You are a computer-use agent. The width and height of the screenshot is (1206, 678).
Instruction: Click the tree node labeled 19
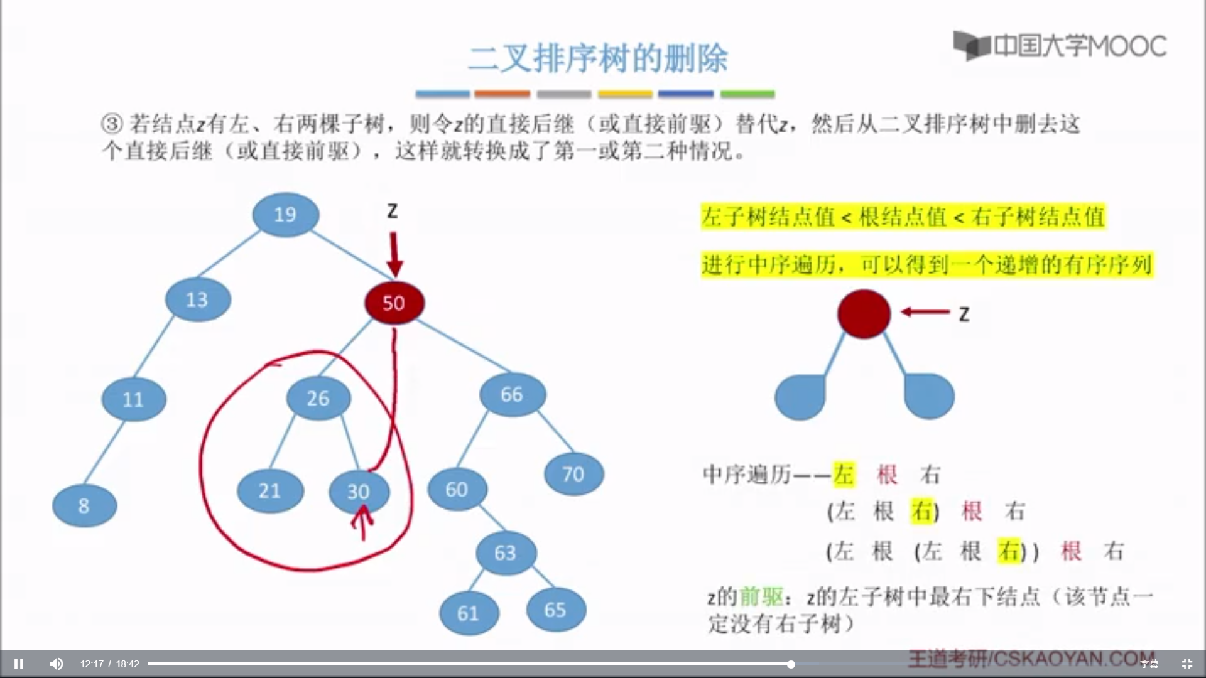pos(285,215)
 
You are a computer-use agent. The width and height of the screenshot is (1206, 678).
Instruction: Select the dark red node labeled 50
pos(394,303)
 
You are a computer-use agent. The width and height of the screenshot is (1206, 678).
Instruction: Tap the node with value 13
pos(197,299)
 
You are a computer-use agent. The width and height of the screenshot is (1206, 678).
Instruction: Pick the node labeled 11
pos(133,399)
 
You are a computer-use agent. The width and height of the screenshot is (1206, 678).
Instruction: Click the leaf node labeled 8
pos(84,505)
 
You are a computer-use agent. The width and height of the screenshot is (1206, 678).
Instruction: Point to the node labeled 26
pos(318,398)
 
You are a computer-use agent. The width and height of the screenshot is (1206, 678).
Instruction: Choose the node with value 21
pos(269,490)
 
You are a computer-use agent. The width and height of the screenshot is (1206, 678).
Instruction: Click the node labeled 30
pos(358,492)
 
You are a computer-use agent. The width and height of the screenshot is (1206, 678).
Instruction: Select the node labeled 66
pos(512,394)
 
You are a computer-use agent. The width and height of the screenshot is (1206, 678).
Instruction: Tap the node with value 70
pos(573,474)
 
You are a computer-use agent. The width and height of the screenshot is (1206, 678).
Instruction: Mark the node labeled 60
pos(457,489)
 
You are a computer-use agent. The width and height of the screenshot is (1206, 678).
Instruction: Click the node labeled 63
pos(505,552)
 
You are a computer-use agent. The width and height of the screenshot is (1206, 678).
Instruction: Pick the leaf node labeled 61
pos(469,613)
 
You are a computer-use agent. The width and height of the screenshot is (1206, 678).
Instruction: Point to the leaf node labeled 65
pos(555,610)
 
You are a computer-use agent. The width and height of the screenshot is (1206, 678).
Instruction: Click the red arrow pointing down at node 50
pos(394,254)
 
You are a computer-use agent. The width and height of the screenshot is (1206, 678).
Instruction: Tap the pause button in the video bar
pos(19,664)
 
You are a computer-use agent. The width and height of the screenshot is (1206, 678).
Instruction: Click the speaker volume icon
pos(56,664)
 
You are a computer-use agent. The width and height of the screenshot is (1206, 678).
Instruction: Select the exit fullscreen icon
pos(1187,664)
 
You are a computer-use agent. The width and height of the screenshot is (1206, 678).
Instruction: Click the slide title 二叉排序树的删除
pos(597,58)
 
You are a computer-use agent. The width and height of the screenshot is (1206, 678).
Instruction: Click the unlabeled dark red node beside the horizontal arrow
pos(864,314)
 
